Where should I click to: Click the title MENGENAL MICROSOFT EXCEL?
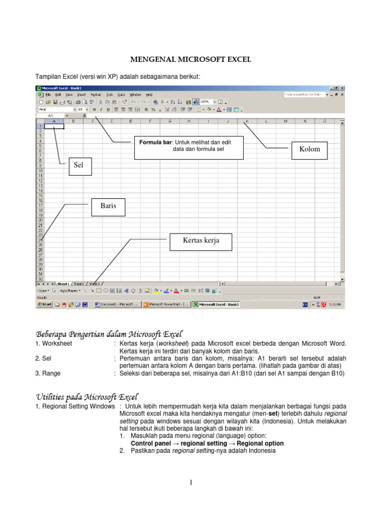pyautogui.click(x=191, y=60)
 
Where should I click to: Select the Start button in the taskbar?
pyautogui.click(x=45, y=304)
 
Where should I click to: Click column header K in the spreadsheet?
pyautogui.click(x=247, y=121)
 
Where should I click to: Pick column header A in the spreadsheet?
pyautogui.click(x=54, y=121)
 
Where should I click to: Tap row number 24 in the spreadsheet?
pyautogui.click(x=40, y=240)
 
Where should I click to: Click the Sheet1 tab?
pyautogui.click(x=63, y=284)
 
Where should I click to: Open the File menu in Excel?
pyautogui.click(x=48, y=94)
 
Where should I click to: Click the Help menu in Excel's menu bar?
pyautogui.click(x=149, y=94)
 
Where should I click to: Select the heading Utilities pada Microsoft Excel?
pyautogui.click(x=88, y=396)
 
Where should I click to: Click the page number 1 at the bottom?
pyautogui.click(x=191, y=482)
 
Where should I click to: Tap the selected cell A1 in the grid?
pyautogui.click(x=54, y=126)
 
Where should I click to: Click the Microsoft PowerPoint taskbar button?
pyautogui.click(x=166, y=304)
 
